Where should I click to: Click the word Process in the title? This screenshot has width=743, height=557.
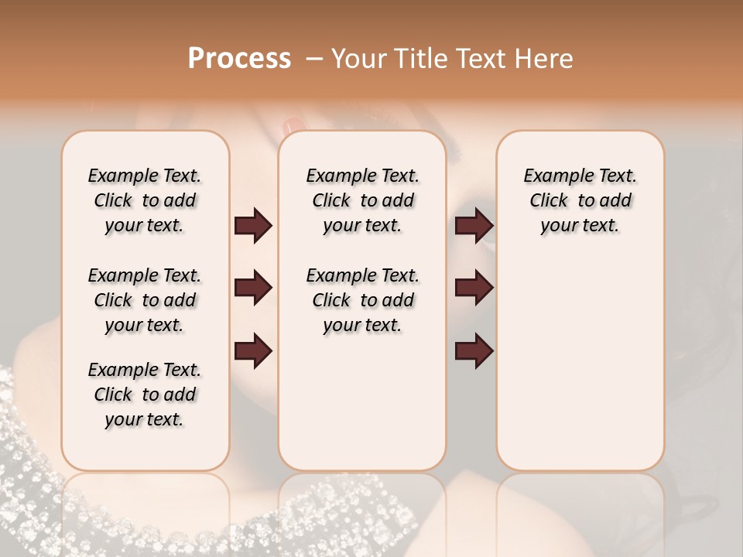click(239, 59)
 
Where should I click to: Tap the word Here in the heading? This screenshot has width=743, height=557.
click(543, 59)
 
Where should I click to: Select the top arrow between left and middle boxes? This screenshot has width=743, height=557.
click(253, 226)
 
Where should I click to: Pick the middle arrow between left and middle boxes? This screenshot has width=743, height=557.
click(253, 289)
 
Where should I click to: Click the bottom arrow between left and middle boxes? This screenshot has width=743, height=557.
click(253, 351)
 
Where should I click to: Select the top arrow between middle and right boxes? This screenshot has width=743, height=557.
click(474, 226)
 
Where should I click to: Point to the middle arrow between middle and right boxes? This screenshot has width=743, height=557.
click(474, 289)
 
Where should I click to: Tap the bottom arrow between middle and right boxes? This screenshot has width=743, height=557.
click(474, 351)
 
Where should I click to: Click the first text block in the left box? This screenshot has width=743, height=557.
click(145, 200)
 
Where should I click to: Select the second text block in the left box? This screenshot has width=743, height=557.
click(145, 300)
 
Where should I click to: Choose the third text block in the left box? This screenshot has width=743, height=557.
click(145, 395)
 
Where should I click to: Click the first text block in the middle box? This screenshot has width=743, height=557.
click(362, 200)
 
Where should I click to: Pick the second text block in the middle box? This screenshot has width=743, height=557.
click(362, 300)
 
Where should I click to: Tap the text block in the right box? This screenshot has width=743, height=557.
click(580, 200)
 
